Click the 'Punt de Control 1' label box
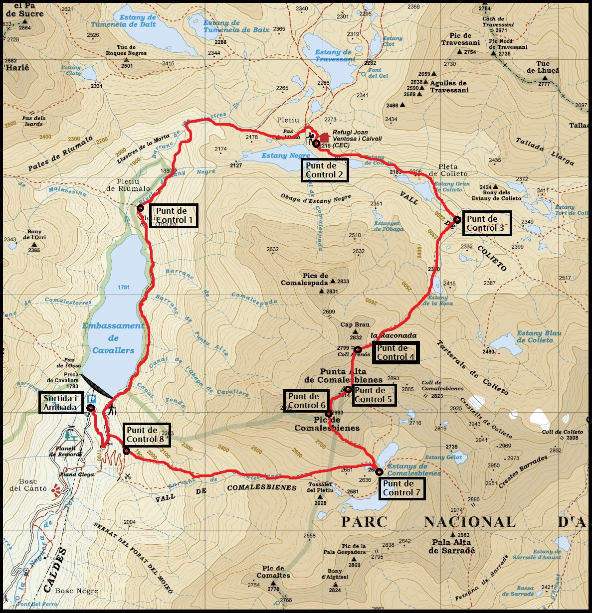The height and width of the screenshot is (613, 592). [173, 216]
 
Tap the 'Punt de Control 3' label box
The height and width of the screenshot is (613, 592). [486, 223]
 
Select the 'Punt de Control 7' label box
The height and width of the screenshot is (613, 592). [401, 488]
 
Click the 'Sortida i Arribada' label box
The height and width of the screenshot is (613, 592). [60, 403]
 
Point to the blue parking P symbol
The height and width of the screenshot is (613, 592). [92, 399]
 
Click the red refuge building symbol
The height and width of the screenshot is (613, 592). [324, 137]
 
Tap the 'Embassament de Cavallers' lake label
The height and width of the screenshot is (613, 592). [113, 338]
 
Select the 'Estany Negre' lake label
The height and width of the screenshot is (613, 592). [285, 155]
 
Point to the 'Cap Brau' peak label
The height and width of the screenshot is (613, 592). [355, 324]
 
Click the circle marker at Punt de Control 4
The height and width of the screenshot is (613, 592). [358, 349]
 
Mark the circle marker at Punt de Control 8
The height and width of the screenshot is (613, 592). [127, 451]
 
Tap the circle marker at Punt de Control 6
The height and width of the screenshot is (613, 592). [329, 413]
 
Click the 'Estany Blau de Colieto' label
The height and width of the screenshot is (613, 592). [538, 336]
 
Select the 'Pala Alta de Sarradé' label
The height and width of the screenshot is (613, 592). [452, 546]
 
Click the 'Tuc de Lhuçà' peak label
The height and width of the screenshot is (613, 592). [543, 67]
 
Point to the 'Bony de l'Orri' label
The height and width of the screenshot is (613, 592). [34, 234]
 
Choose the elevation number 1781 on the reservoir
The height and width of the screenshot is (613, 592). [124, 287]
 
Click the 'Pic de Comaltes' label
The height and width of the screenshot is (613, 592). [273, 572]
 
